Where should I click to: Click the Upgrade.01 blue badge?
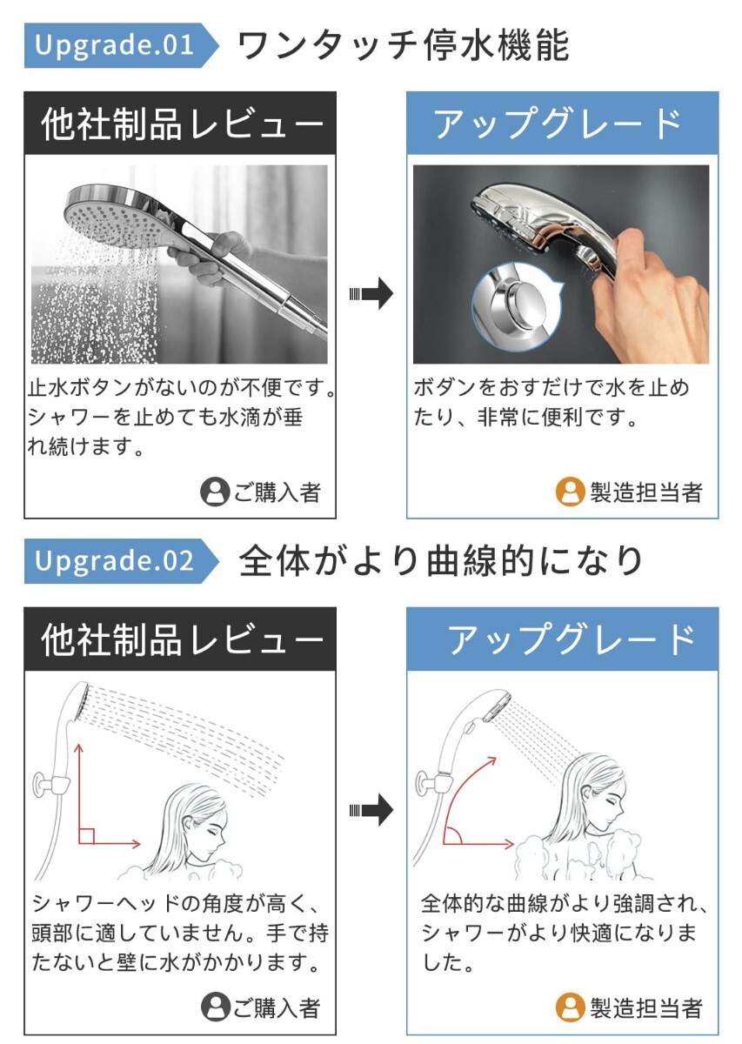coord(121,45)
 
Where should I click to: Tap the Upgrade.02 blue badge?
coord(121,561)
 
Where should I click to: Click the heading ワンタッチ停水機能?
coord(404,45)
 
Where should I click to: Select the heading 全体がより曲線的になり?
coord(440,561)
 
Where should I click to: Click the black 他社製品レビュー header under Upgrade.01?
coord(180,123)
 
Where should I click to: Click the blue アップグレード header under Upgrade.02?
coord(562,639)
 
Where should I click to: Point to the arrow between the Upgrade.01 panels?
coord(371,294)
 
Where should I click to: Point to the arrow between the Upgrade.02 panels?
coord(371,811)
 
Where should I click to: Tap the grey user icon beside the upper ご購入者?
coord(215,492)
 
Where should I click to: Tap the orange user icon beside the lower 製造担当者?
coord(570,1007)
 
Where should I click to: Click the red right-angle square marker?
coord(87,836)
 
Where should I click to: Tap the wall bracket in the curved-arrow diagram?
coord(433,784)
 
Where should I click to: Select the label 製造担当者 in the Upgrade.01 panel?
coord(646,492)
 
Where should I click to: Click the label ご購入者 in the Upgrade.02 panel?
coord(277,1008)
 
